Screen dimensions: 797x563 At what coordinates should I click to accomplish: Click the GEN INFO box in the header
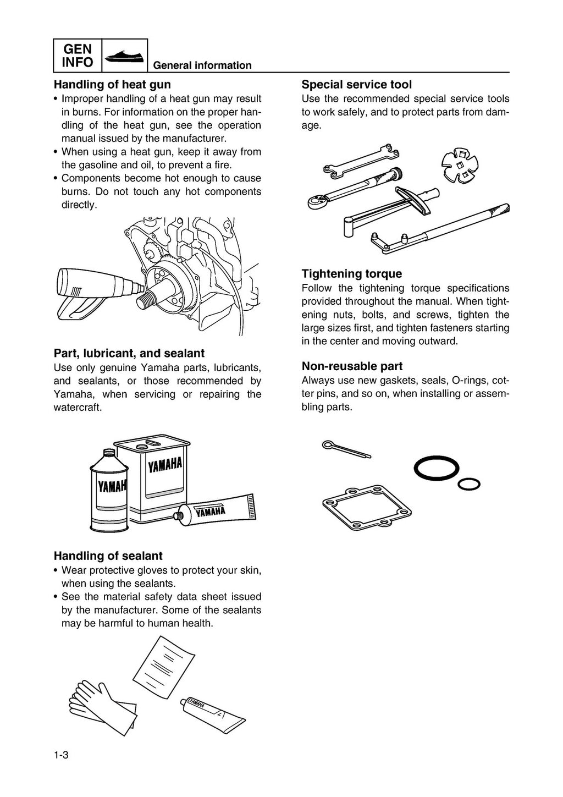[x=78, y=56]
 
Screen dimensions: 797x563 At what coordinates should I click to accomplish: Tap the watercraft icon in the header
[x=125, y=56]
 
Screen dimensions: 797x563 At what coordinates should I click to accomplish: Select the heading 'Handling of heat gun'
[x=112, y=85]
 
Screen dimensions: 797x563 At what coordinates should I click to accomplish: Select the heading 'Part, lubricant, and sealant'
[x=129, y=353]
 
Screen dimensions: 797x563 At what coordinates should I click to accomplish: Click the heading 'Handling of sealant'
[x=108, y=556]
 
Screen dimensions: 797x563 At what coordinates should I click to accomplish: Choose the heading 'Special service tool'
[x=356, y=85]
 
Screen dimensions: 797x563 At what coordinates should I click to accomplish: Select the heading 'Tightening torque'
[x=351, y=274]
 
